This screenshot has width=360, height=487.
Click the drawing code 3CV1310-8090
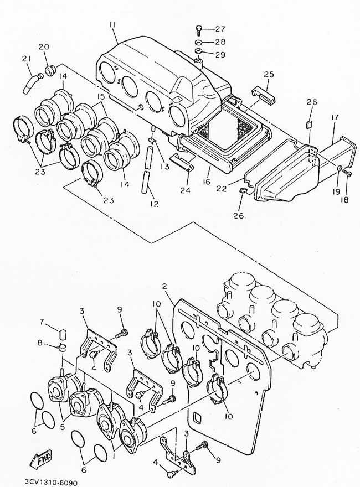(x=50, y=483)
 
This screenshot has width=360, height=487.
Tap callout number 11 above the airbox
(x=113, y=24)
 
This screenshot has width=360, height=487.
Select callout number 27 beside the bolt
(x=220, y=29)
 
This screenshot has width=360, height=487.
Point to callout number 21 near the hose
(x=27, y=59)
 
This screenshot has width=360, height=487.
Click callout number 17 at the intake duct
(x=335, y=117)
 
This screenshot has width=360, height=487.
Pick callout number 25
(x=269, y=74)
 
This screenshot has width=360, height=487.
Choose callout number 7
(x=42, y=322)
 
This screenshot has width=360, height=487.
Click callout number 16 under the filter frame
(x=207, y=182)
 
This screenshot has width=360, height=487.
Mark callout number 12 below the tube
(x=154, y=204)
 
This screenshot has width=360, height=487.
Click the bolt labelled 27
(x=198, y=29)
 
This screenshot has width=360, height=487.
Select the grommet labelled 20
(x=49, y=70)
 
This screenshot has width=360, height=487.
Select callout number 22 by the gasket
(x=222, y=188)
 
